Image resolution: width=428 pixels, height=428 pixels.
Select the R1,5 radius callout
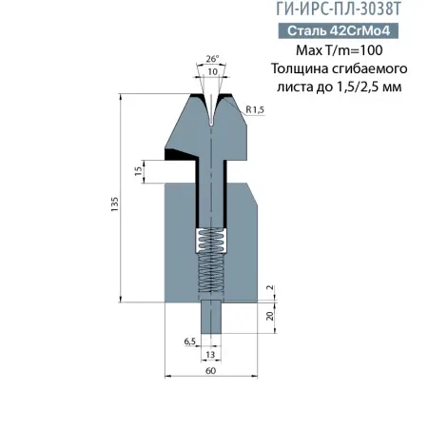(x=254, y=110)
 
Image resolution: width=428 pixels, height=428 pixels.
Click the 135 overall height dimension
(x=115, y=202)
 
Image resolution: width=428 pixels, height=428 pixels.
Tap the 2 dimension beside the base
(x=270, y=287)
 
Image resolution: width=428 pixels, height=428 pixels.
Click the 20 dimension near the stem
(x=270, y=316)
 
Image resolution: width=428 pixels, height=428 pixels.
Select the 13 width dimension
(x=211, y=354)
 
